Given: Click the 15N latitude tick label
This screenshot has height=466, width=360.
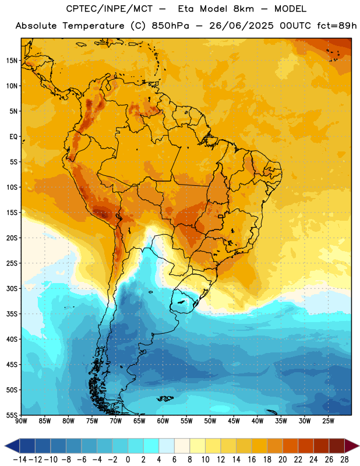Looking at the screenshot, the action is [x=12, y=61].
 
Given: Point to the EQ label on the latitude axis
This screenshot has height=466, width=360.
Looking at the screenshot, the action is [x=13, y=137].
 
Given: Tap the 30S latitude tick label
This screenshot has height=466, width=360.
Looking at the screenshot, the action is [x=12, y=288].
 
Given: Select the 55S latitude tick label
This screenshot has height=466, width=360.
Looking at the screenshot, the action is [x=12, y=415].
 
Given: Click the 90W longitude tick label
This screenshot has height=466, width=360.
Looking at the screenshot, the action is [x=21, y=421].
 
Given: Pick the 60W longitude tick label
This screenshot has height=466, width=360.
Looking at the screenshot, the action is [x=163, y=421].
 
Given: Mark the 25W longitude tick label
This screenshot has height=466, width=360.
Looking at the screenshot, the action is [x=328, y=421].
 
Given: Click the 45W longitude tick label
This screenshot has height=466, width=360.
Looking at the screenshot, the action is [x=234, y=421].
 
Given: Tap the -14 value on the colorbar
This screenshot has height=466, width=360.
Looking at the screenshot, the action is [x=20, y=460].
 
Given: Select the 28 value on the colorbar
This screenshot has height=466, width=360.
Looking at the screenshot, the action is [x=344, y=460].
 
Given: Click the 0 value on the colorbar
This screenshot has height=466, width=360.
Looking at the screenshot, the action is [x=128, y=460].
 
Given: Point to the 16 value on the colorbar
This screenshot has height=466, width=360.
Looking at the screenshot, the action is [x=252, y=460].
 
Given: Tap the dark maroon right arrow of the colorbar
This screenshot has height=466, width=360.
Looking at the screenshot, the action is [x=351, y=446].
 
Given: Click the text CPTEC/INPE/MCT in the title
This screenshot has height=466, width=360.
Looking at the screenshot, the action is [x=110, y=9].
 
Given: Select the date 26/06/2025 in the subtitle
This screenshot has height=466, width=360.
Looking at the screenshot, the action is [x=241, y=26].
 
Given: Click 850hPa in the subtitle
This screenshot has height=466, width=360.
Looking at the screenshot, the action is [x=170, y=26].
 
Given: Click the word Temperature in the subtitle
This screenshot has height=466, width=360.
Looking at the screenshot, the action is [x=93, y=26].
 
